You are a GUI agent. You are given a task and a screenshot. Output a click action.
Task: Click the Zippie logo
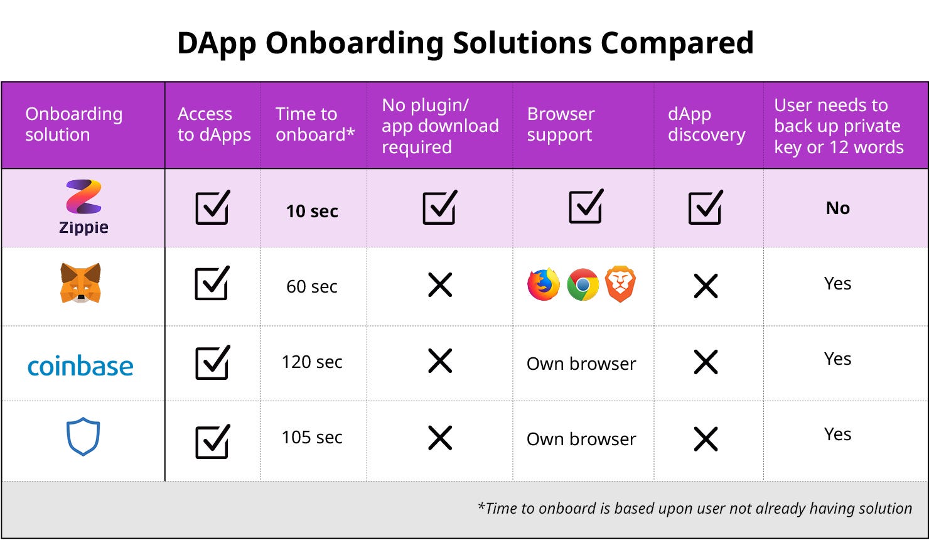point(83,207)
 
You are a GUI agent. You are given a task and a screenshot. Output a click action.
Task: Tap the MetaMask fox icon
point(80,283)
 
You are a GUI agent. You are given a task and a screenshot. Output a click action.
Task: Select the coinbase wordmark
point(80,366)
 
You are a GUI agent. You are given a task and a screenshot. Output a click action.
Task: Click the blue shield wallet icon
point(83,436)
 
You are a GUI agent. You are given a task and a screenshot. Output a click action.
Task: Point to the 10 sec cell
point(312,211)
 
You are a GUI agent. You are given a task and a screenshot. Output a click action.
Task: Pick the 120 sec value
point(312,362)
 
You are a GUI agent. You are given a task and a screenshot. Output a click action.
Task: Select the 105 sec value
point(312,437)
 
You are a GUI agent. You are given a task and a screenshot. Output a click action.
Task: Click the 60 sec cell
point(312,286)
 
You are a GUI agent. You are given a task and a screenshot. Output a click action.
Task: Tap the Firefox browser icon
point(544,284)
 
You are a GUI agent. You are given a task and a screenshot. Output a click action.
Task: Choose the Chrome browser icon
point(583,284)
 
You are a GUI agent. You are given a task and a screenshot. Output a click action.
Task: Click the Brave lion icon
point(620,284)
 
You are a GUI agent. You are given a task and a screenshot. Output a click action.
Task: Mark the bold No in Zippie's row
point(838,208)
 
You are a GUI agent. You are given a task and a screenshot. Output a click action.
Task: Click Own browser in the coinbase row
point(581,364)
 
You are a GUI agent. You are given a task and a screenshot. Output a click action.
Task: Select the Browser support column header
point(561,124)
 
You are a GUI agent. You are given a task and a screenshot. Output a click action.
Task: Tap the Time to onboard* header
point(314,124)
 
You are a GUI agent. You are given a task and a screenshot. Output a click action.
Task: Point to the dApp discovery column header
point(707,124)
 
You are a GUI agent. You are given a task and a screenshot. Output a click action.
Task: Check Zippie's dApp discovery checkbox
point(706,207)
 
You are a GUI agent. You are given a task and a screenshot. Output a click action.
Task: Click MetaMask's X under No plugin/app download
point(439,285)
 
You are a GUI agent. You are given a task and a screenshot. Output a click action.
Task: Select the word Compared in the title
point(677,43)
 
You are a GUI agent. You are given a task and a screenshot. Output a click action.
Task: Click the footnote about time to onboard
point(695,509)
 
